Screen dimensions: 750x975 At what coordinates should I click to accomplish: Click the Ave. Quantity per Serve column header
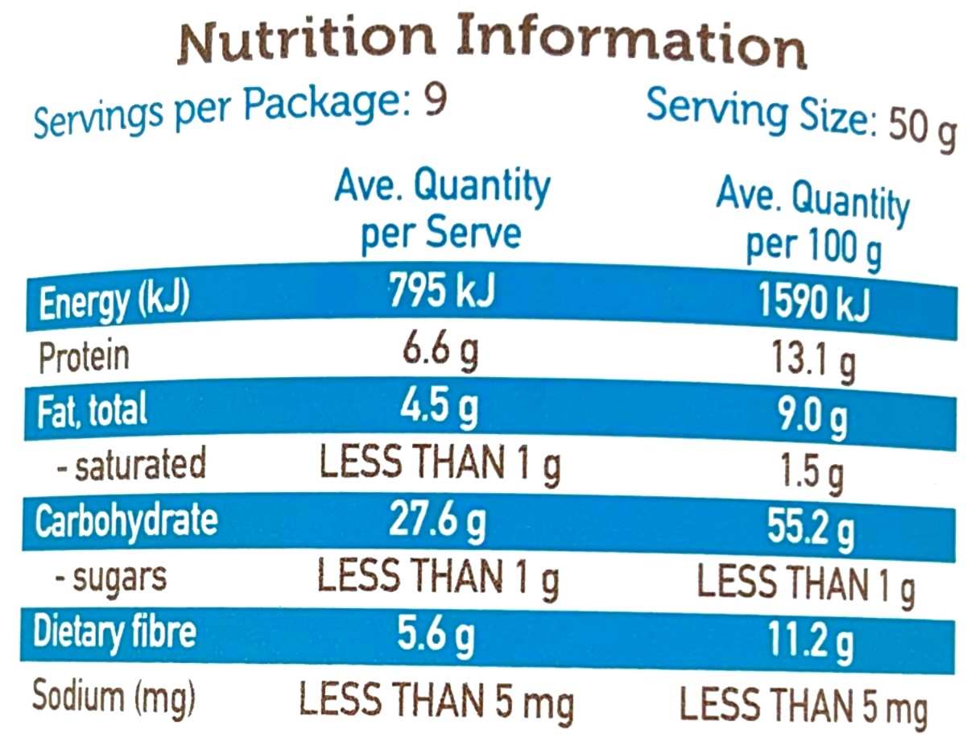pos(442,209)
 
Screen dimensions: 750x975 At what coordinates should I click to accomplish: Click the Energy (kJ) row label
pos(114,303)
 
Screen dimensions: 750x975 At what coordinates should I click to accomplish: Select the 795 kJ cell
pos(441,292)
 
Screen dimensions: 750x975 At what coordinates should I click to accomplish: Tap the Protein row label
pos(84,356)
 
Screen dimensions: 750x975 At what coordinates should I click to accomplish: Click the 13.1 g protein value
pos(812,363)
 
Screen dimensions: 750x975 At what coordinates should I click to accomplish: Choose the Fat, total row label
pos(93,410)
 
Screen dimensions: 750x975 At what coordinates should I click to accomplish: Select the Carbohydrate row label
pos(126,520)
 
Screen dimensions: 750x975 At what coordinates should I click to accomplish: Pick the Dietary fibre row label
pos(114,632)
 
